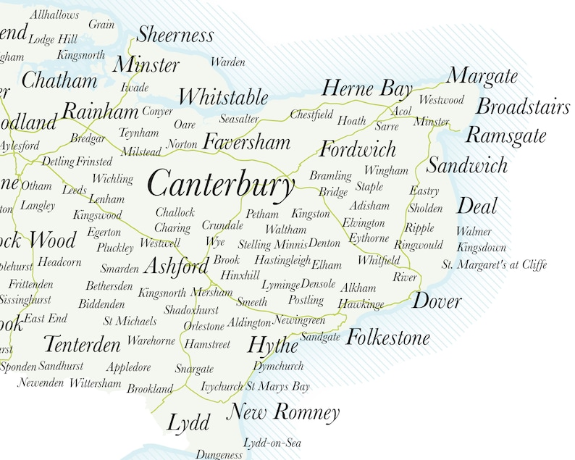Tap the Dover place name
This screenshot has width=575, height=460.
click(x=437, y=301)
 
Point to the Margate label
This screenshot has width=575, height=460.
click(x=482, y=75)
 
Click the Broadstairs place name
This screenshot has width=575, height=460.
click(x=523, y=107)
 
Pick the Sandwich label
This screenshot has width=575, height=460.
click(x=467, y=166)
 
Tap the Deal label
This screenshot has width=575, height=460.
click(x=477, y=206)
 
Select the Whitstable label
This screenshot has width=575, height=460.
click(x=223, y=96)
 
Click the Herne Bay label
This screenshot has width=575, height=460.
click(x=367, y=89)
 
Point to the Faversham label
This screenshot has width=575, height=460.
click(x=246, y=142)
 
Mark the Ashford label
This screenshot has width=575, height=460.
click(x=176, y=267)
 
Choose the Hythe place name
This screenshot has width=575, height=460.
click(x=273, y=345)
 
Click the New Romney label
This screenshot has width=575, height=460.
click(x=283, y=413)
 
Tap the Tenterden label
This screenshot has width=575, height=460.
click(x=82, y=343)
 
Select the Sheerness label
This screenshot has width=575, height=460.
click(x=175, y=34)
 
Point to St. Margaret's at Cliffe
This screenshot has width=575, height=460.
click(x=494, y=264)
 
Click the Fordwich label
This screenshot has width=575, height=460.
click(x=358, y=150)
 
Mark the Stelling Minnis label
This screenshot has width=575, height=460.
click(x=272, y=244)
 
